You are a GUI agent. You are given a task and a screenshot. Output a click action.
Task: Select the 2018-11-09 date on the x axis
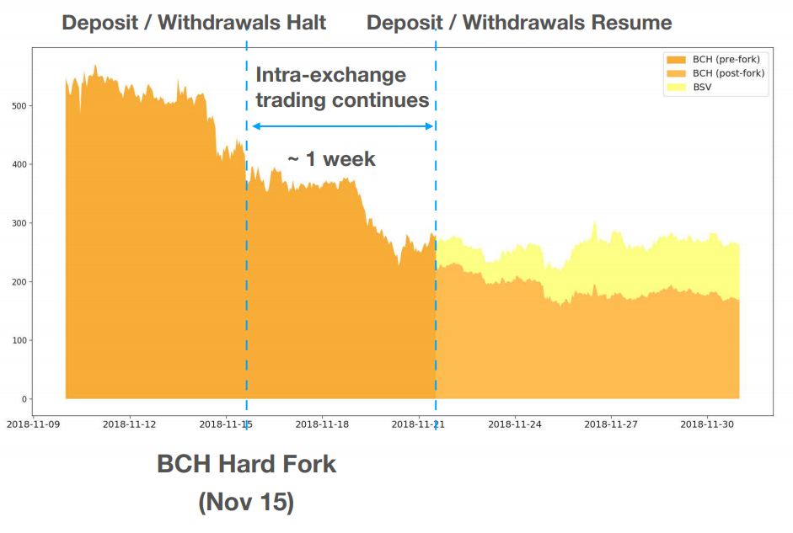tap(32, 424)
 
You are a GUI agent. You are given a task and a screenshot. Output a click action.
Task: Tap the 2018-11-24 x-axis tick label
tap(514, 424)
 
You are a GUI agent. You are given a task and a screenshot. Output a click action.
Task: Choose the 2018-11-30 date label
tap(706, 424)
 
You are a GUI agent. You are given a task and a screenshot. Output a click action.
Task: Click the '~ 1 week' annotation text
tap(331, 158)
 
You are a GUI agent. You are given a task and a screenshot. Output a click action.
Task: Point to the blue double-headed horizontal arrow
tap(342, 126)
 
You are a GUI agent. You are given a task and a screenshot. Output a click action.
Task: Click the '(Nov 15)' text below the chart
tap(246, 503)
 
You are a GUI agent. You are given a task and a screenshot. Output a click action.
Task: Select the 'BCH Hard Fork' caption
tap(246, 464)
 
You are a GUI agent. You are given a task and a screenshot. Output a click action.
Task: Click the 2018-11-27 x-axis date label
tap(610, 424)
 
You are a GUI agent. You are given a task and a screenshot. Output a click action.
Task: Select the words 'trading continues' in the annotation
tap(342, 100)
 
